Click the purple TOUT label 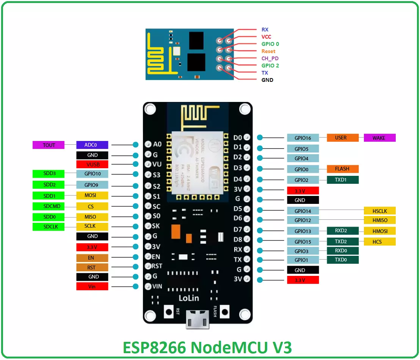pyautogui.click(x=49, y=145)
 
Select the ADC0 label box pyautogui.click(x=92, y=145)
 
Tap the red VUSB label pyautogui.click(x=92, y=164)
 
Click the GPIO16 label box pyautogui.click(x=302, y=138)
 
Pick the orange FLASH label pyautogui.click(x=342, y=169)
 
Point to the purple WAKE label pyautogui.click(x=379, y=138)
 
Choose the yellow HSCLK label pyautogui.click(x=379, y=211)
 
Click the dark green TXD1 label pyautogui.click(x=342, y=180)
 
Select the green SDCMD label pyautogui.click(x=49, y=207)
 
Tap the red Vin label pyautogui.click(x=92, y=286)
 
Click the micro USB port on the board pyautogui.click(x=197, y=318)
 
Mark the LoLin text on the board pyautogui.click(x=188, y=298)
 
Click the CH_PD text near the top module pyautogui.click(x=270, y=58)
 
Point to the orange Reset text pyautogui.click(x=268, y=51)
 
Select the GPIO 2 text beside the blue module pyautogui.click(x=270, y=66)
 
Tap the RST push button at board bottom pyautogui.click(x=169, y=312)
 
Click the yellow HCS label pyautogui.click(x=379, y=242)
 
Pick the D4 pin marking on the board pyautogui.click(x=238, y=179)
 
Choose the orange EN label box pyautogui.click(x=92, y=258)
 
